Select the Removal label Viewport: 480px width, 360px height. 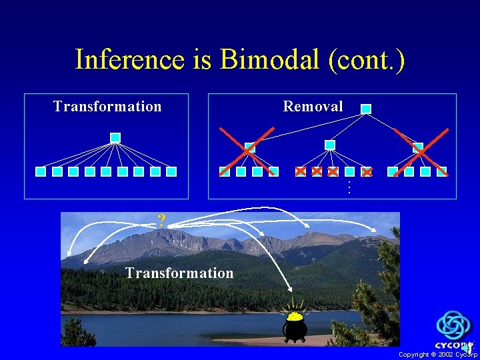(x=313, y=106)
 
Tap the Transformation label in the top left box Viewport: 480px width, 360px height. (x=107, y=107)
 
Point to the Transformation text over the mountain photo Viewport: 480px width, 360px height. (x=179, y=273)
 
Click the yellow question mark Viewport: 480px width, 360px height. (x=161, y=221)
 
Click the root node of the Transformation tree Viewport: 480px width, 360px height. (x=115, y=137)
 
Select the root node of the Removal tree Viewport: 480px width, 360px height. (x=366, y=109)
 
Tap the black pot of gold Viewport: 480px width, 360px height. (x=295, y=326)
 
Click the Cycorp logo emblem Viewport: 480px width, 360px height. (x=453, y=326)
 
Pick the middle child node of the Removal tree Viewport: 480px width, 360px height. (x=330, y=145)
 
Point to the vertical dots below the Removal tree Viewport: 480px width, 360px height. (x=347, y=188)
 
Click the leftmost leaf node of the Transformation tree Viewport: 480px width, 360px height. (x=41, y=171)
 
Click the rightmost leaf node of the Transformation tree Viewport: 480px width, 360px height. (x=171, y=171)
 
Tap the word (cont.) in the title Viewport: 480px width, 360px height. (x=366, y=59)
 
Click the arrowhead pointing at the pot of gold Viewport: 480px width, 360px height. (x=291, y=289)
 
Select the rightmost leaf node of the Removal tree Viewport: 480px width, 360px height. (x=442, y=171)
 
